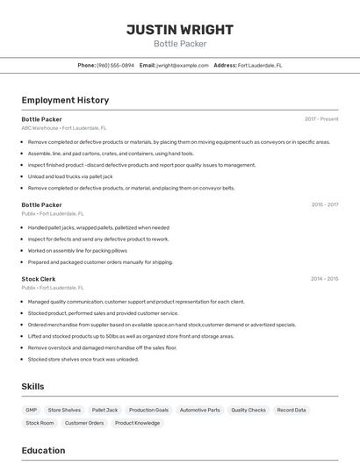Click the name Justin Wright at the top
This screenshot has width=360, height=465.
pos(180,29)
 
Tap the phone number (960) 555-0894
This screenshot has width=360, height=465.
pos(115,65)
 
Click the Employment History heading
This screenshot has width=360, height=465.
pos(65,100)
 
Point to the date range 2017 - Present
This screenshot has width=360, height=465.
pos(321,118)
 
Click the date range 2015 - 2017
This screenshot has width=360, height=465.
pos(324,204)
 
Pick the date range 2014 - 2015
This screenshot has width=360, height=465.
pos(324,278)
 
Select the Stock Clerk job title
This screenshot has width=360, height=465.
pos(39,278)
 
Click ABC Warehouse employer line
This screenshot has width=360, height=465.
pos(64,127)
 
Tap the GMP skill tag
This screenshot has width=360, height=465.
pos(32,410)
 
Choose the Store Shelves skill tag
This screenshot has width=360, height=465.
pos(64,410)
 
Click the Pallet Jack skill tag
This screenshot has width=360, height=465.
pos(104,410)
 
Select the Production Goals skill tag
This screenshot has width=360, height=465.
pos(148,410)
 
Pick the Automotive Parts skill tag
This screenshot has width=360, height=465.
pos(199,410)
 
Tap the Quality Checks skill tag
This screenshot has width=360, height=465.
pos(248,410)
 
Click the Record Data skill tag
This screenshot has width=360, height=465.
pos(292,410)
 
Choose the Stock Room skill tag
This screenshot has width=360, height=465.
pos(40,423)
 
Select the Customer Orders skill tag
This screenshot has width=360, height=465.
pos(84,423)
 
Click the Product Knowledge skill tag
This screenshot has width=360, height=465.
pos(137,423)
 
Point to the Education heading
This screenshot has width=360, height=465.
pos(43,450)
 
